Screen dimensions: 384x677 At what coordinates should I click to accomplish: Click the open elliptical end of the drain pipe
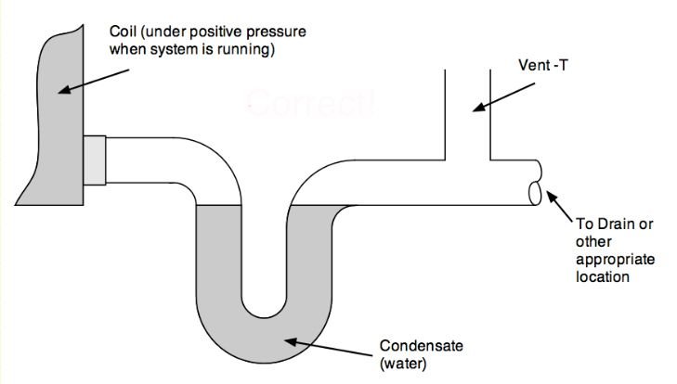(535, 192)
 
